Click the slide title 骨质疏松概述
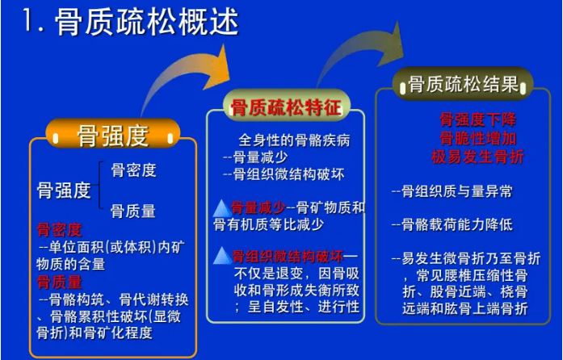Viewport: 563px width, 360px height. pos(147,23)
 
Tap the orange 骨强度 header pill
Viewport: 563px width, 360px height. pos(113,135)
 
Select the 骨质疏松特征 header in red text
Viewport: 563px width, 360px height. pos(286,107)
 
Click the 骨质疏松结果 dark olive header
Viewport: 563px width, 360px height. pos(463,84)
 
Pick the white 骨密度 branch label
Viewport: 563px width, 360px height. pos(133,170)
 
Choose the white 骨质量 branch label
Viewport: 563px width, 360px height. pos(133,211)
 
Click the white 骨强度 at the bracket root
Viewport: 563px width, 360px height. pos(64,190)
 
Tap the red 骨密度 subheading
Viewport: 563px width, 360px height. pos(60,230)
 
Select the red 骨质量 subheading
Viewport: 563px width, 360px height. pos(60,283)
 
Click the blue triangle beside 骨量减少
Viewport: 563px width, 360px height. pos(222,208)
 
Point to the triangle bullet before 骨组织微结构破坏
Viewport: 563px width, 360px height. pos(223,256)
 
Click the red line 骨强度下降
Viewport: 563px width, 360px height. pos(478,120)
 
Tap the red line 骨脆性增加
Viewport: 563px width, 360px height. pos(478,138)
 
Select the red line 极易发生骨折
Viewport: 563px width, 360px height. pos(477,157)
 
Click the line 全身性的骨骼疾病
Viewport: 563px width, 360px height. pos(294,140)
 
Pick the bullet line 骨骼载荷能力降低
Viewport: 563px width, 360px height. pos(452,224)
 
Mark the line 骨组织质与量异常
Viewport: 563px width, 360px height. pos(452,191)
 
